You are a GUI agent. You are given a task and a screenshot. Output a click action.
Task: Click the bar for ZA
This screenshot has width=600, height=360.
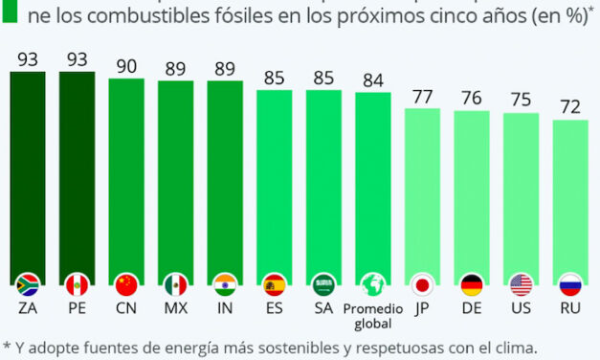pos(28,172)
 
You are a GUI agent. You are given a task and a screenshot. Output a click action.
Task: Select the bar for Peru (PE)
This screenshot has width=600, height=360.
pos(77,172)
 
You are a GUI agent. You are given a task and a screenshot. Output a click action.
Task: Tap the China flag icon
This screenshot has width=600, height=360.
pos(126,284)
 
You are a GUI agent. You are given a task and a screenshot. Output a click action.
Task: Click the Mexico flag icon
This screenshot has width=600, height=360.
pos(176,284)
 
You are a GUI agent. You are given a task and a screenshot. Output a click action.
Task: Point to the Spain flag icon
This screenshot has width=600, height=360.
pos(275,284)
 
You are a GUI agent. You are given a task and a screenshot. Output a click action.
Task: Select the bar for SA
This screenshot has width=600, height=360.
pos(323,182)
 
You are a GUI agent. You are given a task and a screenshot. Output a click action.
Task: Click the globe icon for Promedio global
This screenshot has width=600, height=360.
pos(373,284)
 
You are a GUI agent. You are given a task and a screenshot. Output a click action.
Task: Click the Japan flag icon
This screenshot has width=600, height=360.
pos(422,284)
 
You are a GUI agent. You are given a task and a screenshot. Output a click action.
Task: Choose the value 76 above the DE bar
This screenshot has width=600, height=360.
pos(472,98)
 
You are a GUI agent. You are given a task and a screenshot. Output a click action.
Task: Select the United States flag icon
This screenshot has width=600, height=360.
pos(521,284)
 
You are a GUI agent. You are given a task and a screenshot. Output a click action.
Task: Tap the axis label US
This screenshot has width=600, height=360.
pos(521,309)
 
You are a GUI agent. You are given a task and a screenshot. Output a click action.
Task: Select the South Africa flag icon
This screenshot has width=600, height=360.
pos(28,284)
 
